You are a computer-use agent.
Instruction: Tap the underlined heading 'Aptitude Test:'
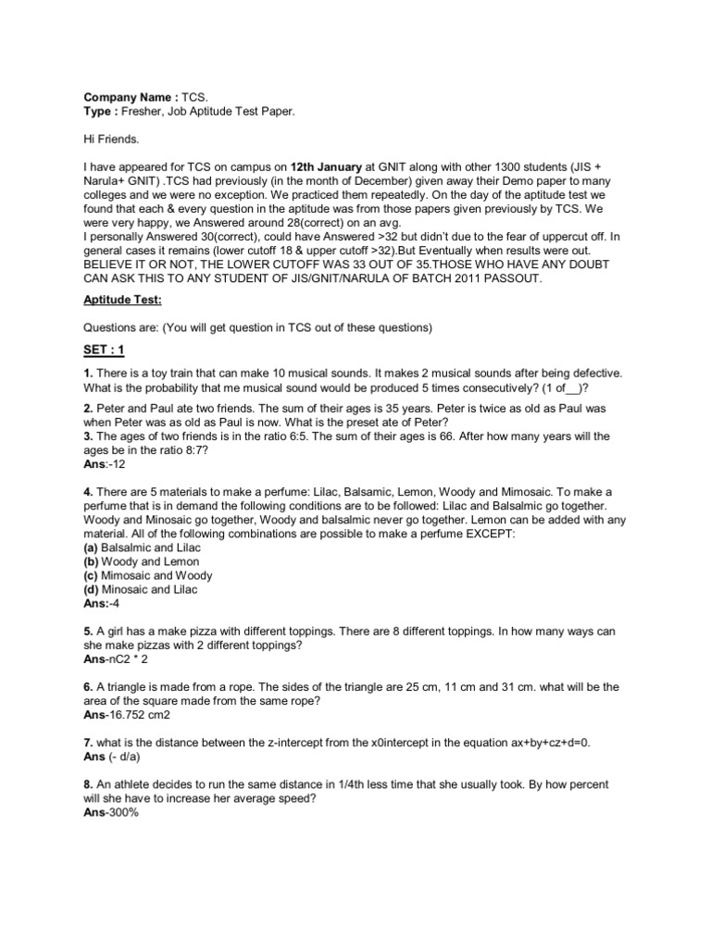coord(123,300)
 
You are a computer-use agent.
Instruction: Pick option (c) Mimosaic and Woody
coord(147,575)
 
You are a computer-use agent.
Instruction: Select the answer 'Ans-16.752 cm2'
coord(128,716)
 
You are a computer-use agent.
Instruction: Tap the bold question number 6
coord(88,687)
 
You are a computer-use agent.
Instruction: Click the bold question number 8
coord(88,784)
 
